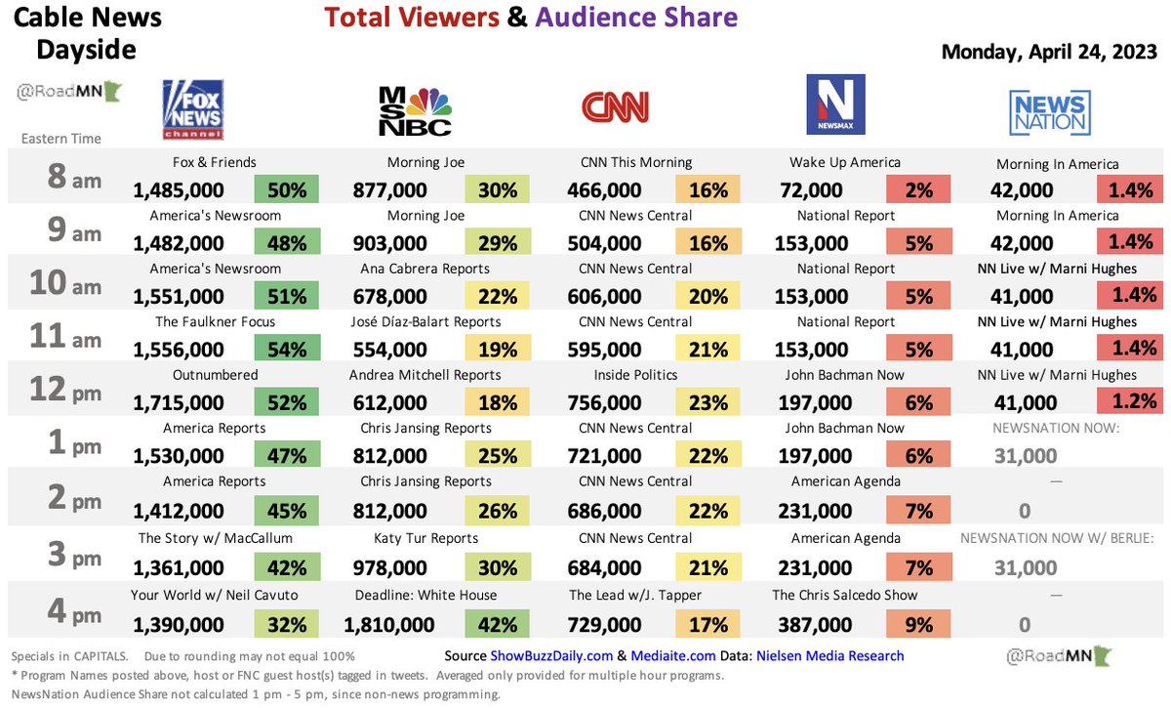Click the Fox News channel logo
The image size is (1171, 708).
pos(194,109)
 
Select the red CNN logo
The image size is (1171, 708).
pos(615,107)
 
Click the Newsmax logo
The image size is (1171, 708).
pos(835,105)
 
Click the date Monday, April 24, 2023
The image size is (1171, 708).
pos(1050,53)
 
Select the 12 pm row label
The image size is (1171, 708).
pos(61,389)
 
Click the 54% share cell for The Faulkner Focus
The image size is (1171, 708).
pos(287,350)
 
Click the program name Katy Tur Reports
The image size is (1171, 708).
pos(426,538)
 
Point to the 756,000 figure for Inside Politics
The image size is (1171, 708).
pos(605,402)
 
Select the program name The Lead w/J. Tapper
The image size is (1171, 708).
pos(635,595)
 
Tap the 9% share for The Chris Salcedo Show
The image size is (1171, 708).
pos(918,625)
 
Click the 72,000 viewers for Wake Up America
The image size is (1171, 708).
pos(812,190)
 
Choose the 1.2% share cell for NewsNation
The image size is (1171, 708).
pos(1129,402)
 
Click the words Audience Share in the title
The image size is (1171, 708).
pos(636,17)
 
